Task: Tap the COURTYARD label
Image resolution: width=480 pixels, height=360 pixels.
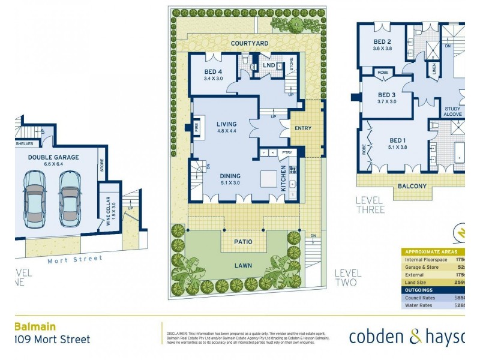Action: point(249,43)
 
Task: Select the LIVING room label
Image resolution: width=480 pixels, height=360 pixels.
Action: point(226,124)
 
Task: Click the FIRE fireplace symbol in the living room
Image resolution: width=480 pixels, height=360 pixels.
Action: point(196,127)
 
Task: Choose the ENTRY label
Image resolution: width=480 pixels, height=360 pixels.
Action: point(304,128)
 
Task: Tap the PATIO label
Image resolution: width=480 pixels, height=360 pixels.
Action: point(243,242)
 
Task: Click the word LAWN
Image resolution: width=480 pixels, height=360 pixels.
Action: point(243,265)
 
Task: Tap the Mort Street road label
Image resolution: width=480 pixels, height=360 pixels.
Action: point(75,259)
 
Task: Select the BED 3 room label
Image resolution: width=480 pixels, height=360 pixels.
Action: point(386,95)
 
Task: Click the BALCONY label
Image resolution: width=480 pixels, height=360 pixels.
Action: point(412,186)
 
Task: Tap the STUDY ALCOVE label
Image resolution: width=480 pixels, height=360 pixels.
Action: point(453,112)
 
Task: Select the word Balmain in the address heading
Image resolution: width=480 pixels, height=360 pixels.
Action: point(35,327)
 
